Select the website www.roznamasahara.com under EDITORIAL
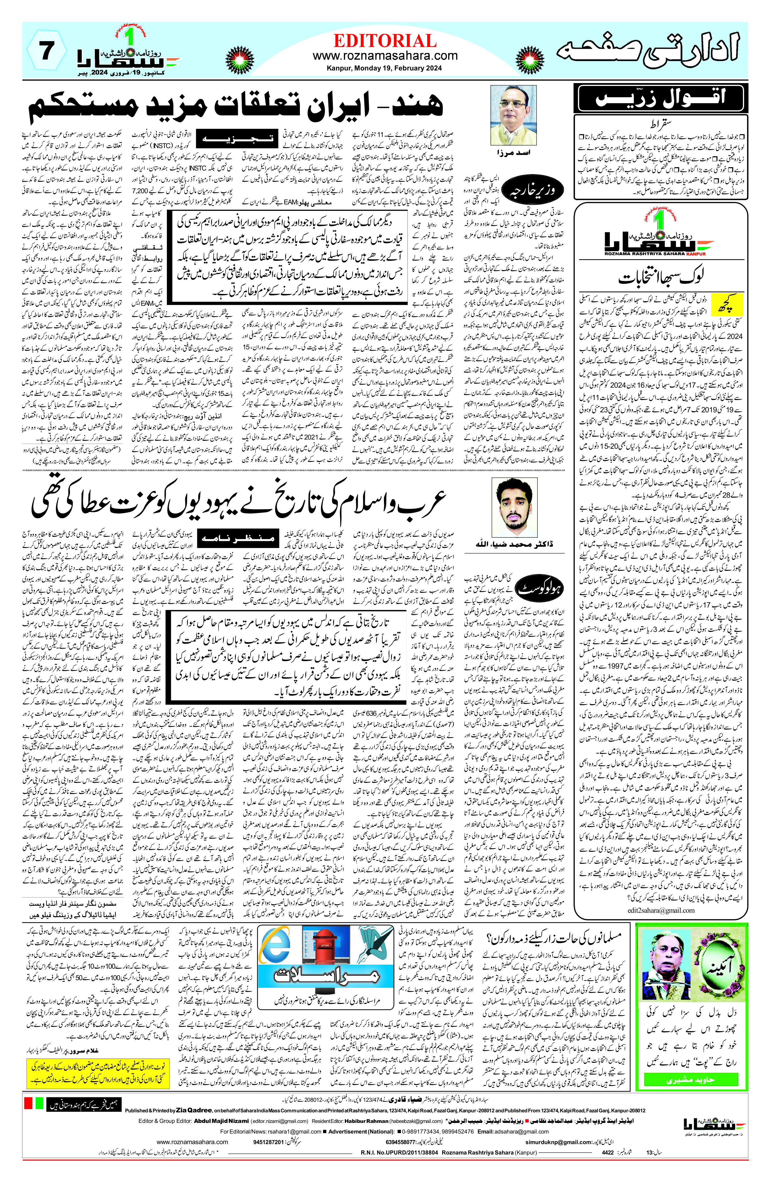point(385,56)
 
